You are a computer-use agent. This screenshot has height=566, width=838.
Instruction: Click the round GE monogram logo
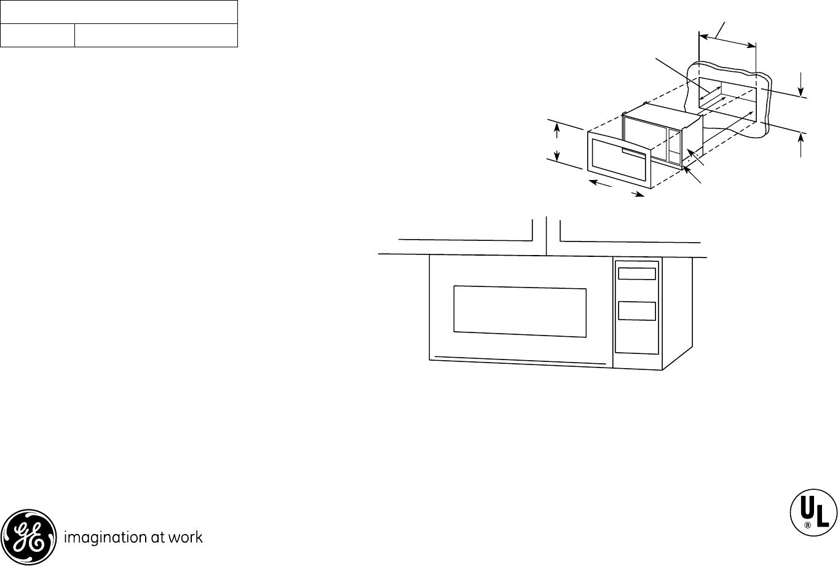(x=28, y=537)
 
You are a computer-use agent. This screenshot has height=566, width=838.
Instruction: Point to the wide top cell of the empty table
(x=119, y=12)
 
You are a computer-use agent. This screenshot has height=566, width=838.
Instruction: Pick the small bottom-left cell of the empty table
(x=38, y=36)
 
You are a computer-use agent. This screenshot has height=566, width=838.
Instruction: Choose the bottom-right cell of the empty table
(x=156, y=36)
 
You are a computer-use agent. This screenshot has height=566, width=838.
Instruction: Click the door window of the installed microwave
(x=520, y=311)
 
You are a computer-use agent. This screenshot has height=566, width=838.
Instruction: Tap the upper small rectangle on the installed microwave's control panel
(x=636, y=273)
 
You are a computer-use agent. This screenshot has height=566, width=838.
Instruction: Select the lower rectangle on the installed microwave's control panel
(x=636, y=311)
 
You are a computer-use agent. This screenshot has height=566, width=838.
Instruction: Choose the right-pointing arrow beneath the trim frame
(x=636, y=194)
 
